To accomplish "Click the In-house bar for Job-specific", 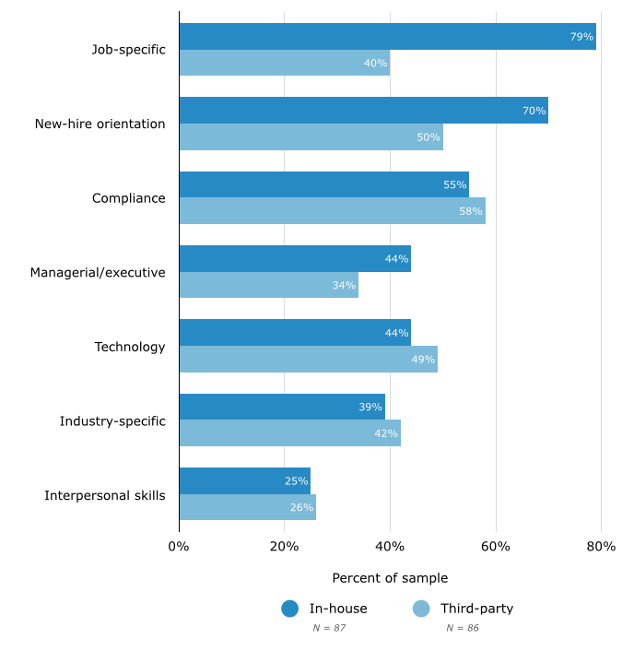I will [x=387, y=37].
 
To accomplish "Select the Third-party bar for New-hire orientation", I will [x=311, y=137].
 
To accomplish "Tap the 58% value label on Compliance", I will [x=470, y=211].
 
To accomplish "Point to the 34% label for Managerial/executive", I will [x=344, y=286].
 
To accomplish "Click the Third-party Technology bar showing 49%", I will [x=308, y=360].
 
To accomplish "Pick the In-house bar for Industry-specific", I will [x=281, y=407].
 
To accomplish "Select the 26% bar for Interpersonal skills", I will [x=247, y=507].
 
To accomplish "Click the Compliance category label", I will [x=128, y=198].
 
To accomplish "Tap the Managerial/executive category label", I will [x=98, y=273].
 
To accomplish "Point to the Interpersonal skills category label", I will [x=105, y=495].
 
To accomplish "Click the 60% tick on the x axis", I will [x=496, y=547].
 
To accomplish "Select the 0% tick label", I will [x=179, y=547].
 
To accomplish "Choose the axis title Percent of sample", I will [x=390, y=578].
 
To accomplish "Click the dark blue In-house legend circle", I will [x=290, y=609].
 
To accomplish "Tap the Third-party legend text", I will [x=476, y=609].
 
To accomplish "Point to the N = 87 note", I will [x=329, y=628].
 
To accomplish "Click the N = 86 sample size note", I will [x=463, y=628].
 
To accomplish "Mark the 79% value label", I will [x=581, y=37].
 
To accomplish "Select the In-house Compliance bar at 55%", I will [x=323, y=184].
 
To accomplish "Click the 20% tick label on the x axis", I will [x=284, y=547].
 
